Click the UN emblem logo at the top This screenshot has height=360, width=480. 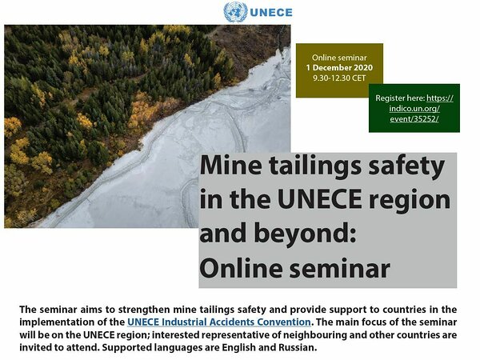click(x=235, y=12)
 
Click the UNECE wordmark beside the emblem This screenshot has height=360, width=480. click(x=271, y=13)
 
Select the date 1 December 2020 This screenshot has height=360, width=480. click(x=339, y=68)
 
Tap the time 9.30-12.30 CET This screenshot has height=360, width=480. click(x=339, y=78)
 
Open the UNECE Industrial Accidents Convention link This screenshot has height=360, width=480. click(x=219, y=322)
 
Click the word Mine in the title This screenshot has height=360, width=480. click(x=231, y=166)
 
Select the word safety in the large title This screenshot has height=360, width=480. click(x=406, y=167)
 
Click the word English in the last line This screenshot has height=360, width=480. click(x=238, y=348)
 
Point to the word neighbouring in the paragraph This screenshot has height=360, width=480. click(x=315, y=335)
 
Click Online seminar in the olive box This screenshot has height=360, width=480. click(x=339, y=58)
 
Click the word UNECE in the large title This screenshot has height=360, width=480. click(x=319, y=199)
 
